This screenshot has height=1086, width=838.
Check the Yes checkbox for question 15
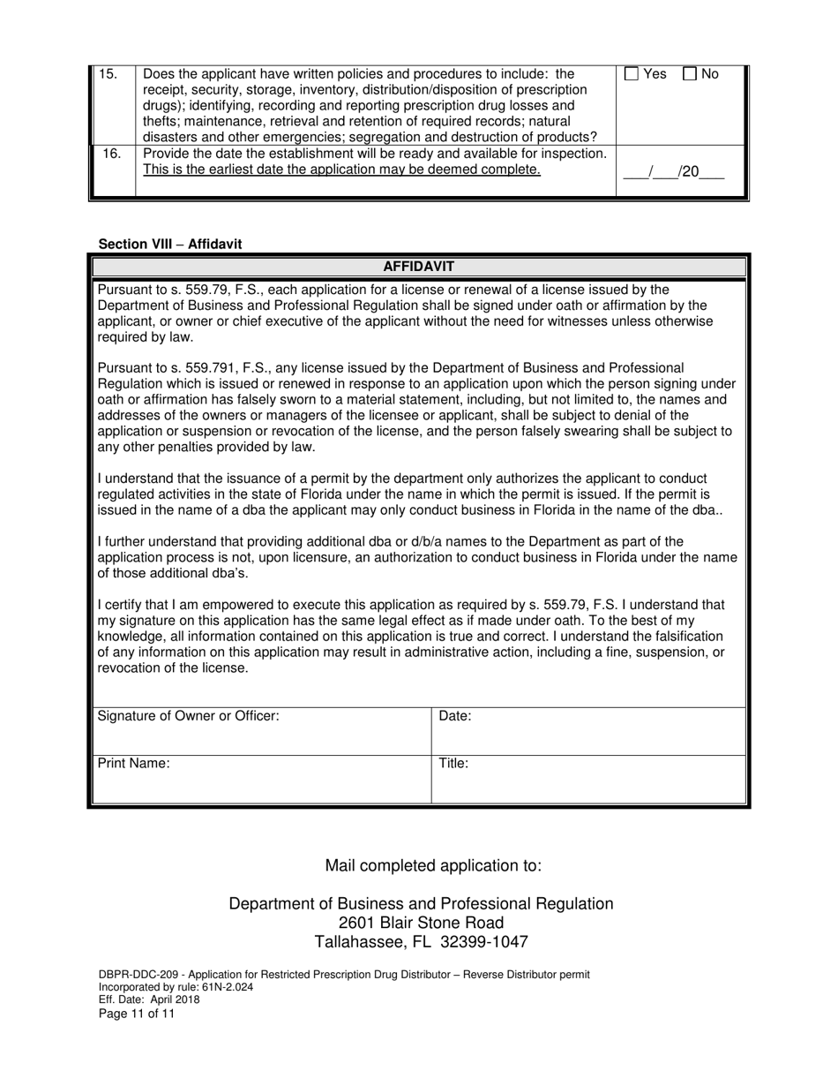pos(632,75)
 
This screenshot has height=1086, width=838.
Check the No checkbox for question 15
pos(691,75)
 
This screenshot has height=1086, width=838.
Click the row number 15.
pos(108,74)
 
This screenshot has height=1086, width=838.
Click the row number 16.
pos(112,154)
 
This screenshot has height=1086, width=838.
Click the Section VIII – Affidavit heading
pos(169,244)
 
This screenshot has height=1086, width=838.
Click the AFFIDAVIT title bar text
pos(419,267)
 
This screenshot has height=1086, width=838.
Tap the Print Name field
pos(263,780)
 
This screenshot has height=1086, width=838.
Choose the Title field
pos(589,780)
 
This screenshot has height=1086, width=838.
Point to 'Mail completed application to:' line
pos(433,865)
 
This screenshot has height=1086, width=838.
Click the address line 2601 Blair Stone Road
pos(422,923)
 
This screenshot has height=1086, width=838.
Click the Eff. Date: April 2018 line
pos(149,999)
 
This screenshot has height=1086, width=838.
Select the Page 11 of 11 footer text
pos(137,1014)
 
